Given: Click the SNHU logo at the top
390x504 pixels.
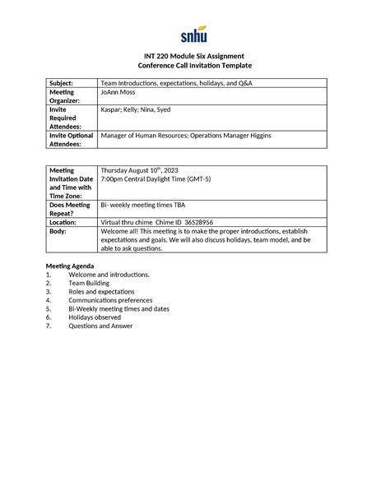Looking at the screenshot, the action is point(194,35).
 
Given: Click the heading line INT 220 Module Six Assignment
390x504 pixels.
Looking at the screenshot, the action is point(194,56).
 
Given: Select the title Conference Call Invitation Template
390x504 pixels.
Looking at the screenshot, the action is point(194,66).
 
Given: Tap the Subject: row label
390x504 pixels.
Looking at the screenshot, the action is point(62,83).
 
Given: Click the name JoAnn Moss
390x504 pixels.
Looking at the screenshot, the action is point(120,93).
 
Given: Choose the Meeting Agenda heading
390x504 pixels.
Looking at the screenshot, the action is point(70,266).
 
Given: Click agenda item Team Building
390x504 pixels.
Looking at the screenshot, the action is point(90,283).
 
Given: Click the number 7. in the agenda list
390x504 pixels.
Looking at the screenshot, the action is point(49,326).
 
